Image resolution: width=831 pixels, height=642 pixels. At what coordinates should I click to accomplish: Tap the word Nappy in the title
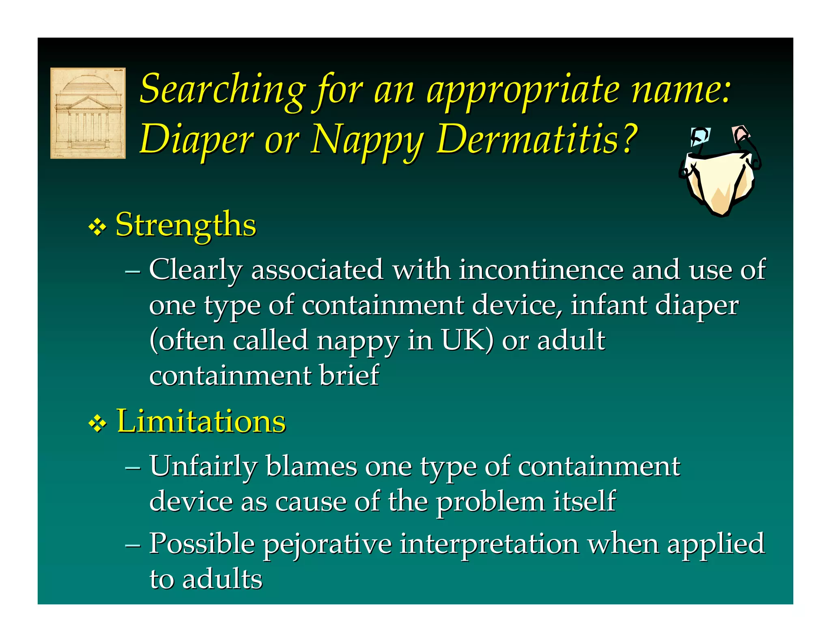click(367, 140)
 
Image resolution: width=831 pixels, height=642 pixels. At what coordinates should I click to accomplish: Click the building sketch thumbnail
click(88, 113)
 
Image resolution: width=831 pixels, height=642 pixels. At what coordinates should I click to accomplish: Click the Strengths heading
click(186, 225)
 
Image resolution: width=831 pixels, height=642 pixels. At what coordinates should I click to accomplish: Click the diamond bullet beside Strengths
click(97, 227)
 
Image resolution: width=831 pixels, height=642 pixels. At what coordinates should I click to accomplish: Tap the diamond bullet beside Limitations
click(97, 424)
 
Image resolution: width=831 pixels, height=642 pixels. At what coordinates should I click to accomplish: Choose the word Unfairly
click(203, 466)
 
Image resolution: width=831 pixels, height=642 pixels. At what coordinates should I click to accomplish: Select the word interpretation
click(489, 544)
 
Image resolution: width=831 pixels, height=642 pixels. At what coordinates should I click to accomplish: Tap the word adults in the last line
click(222, 579)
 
